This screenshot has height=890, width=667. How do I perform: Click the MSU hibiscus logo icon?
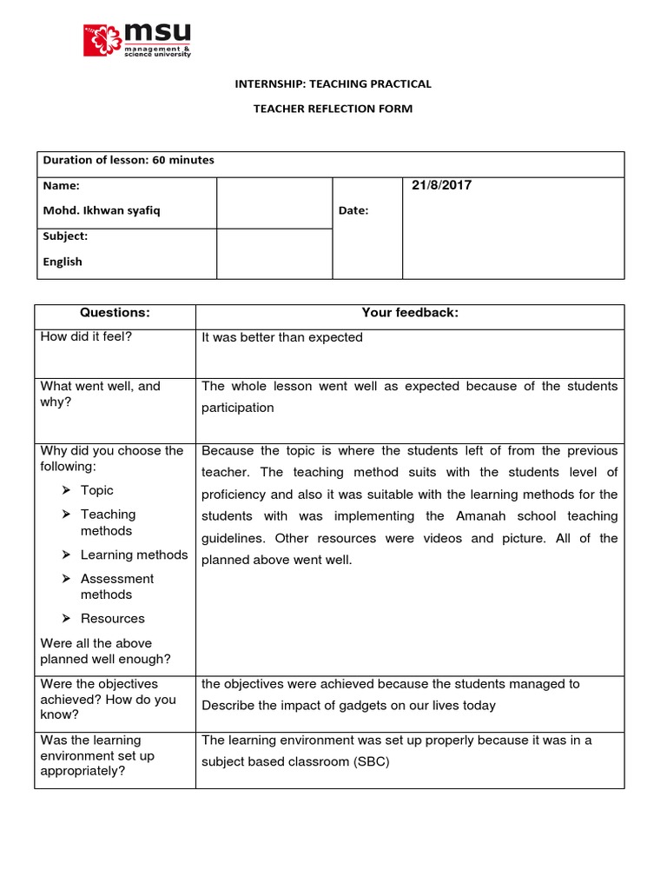pyautogui.click(x=102, y=41)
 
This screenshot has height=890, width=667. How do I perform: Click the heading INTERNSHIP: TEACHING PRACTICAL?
pyautogui.click(x=333, y=84)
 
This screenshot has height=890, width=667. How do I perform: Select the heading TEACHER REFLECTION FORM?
pyautogui.click(x=333, y=109)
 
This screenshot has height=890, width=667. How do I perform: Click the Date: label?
pyautogui.click(x=353, y=210)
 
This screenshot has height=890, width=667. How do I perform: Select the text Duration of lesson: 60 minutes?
pyautogui.click(x=129, y=160)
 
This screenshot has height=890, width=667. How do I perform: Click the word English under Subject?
pyautogui.click(x=63, y=261)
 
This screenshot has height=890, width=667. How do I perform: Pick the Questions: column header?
pyautogui.click(x=115, y=313)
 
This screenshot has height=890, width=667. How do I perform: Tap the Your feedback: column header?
pyautogui.click(x=409, y=313)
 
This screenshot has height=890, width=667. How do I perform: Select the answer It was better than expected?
pyautogui.click(x=282, y=337)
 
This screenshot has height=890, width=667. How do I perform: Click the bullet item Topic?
pyautogui.click(x=97, y=490)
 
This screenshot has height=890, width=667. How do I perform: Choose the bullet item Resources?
pyautogui.click(x=113, y=619)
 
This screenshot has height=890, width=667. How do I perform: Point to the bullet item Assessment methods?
pyautogui.click(x=117, y=587)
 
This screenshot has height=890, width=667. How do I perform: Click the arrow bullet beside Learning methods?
pyautogui.click(x=67, y=555)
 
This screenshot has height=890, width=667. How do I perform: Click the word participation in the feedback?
pyautogui.click(x=237, y=408)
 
